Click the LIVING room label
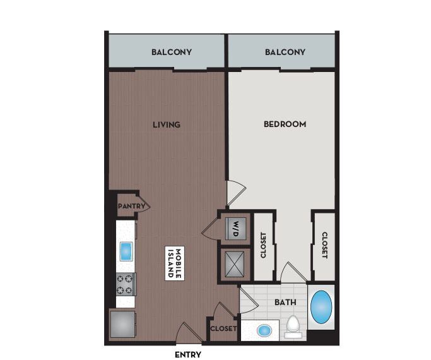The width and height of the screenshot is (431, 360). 167,124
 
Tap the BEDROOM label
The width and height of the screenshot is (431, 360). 285,124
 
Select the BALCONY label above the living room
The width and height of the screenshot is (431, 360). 172,52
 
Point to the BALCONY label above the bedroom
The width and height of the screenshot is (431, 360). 285,52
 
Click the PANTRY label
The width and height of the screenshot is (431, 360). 132,206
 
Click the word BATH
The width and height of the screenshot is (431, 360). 285,303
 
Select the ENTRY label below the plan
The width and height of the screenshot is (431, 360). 187,355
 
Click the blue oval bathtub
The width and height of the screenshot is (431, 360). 322,307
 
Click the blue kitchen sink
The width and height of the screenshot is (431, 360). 126,251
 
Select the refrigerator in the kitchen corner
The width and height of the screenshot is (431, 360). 123,325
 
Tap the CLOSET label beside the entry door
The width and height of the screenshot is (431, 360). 223,329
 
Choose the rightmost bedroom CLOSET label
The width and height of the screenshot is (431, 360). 324,246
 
